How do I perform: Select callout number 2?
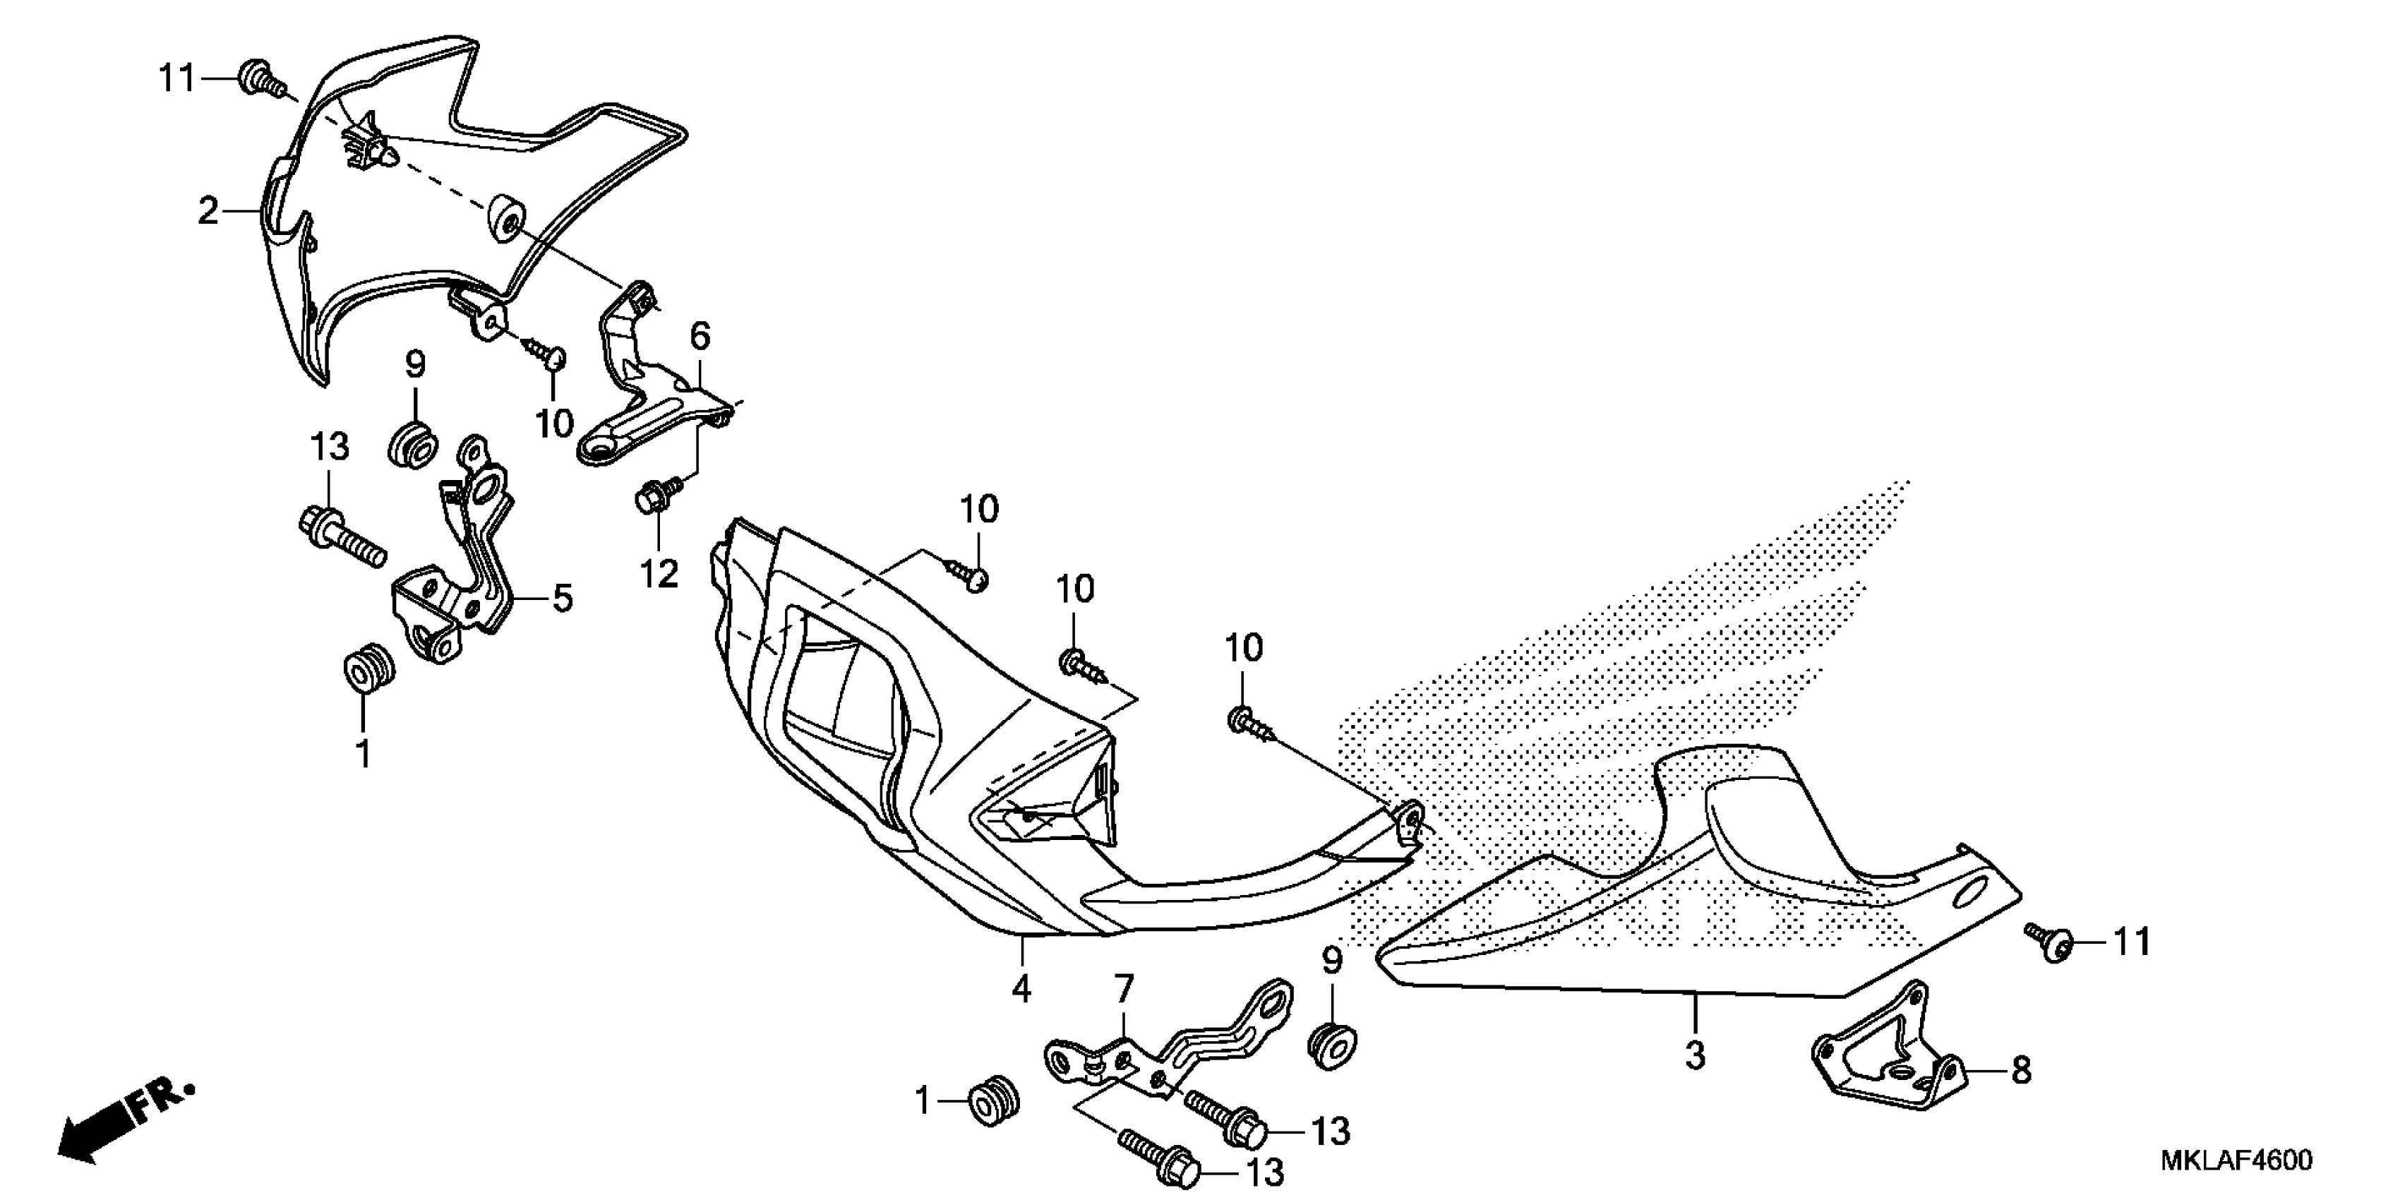208,212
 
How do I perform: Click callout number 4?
1021,988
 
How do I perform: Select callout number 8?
2020,1071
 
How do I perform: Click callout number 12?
659,574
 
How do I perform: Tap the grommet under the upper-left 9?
411,445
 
